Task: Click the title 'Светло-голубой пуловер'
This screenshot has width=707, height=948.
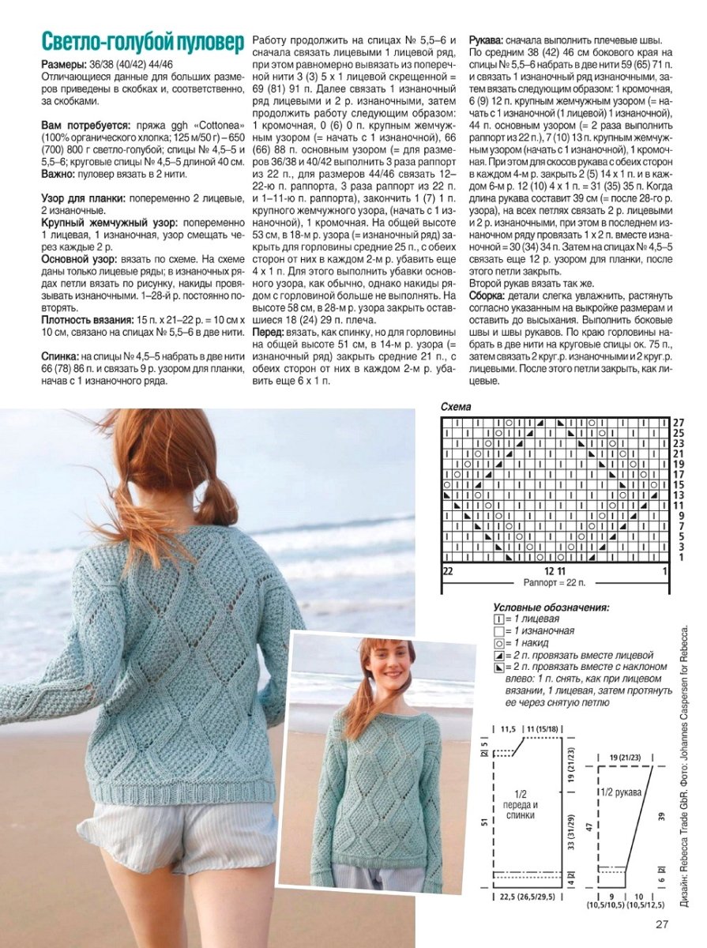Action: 142,43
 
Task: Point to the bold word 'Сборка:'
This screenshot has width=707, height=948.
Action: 487,295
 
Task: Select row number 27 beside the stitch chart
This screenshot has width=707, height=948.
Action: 679,423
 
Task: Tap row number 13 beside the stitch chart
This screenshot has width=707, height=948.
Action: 679,495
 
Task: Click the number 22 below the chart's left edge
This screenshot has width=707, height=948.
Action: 448,570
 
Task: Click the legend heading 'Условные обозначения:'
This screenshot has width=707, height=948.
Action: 551,608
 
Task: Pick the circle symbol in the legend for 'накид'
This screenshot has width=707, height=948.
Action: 498,643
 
